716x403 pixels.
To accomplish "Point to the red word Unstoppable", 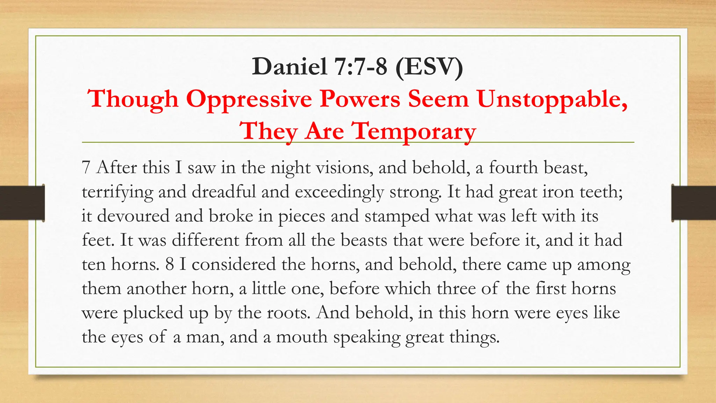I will (x=552, y=99).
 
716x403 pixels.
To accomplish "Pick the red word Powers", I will (x=360, y=99).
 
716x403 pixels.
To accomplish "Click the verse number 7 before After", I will (x=86, y=168).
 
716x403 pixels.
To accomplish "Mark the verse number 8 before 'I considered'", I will (x=170, y=264).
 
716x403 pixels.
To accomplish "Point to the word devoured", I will (x=133, y=216).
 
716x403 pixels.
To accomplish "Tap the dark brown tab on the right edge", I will (x=694, y=203).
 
